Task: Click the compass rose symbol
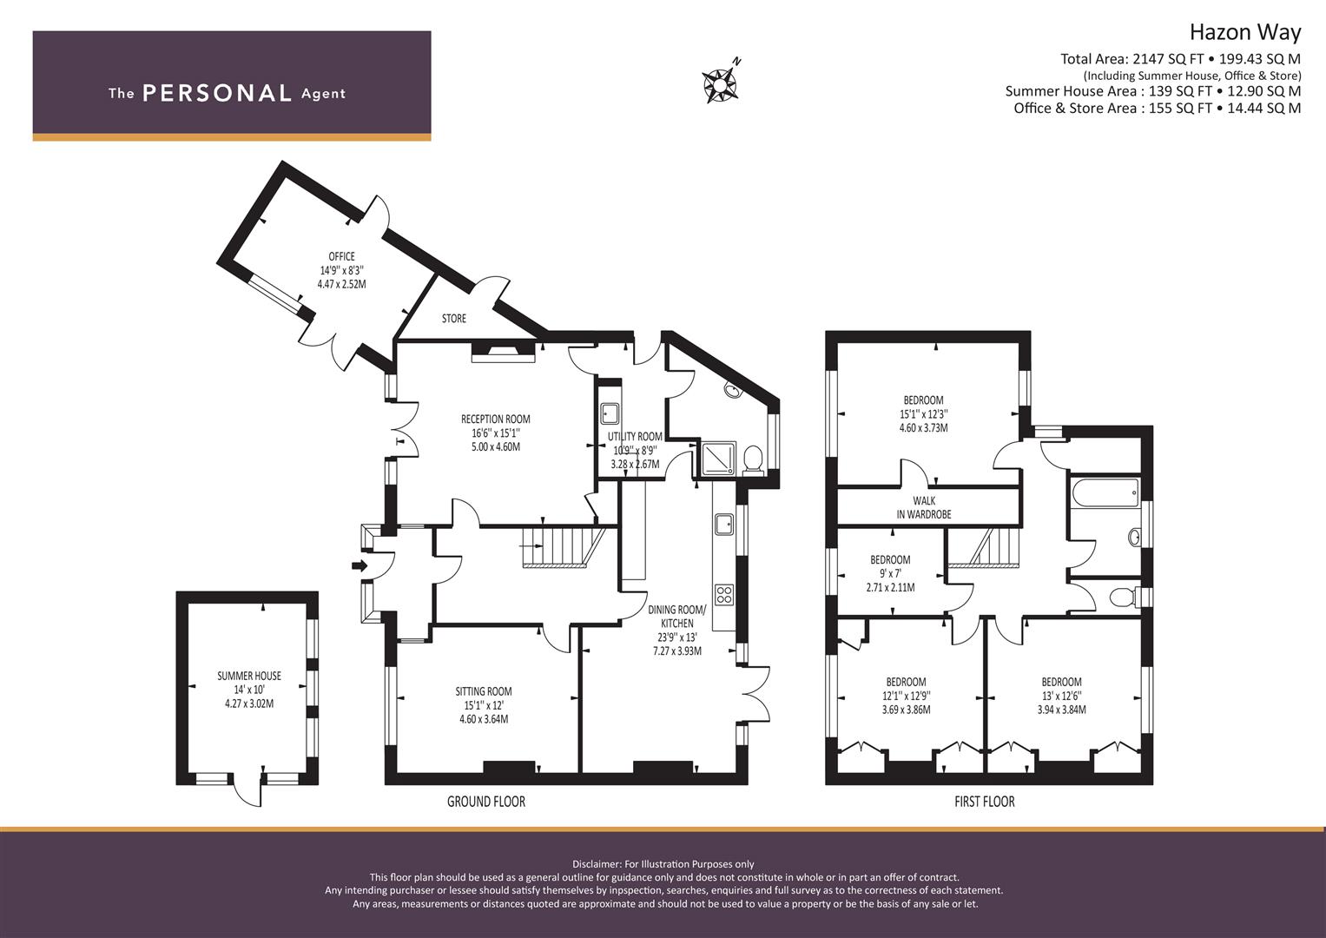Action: [x=720, y=83]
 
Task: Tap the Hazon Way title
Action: [x=1244, y=33]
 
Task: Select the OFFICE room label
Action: [x=341, y=256]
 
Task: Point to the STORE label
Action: [x=453, y=319]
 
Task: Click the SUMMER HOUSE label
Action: [x=249, y=676]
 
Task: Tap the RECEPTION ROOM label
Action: [x=495, y=419]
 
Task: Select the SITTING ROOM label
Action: [x=484, y=691]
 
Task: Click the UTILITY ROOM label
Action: [x=635, y=437]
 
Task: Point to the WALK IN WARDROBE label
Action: [x=924, y=507]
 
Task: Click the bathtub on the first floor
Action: [x=1105, y=493]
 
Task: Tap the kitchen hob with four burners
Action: [x=724, y=596]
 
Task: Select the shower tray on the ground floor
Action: [x=718, y=458]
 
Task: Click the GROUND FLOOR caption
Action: [x=485, y=802]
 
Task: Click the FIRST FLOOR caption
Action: [x=984, y=802]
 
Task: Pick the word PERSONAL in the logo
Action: [x=216, y=94]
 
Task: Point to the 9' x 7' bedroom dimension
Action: [x=890, y=574]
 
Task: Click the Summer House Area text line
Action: [x=1152, y=91]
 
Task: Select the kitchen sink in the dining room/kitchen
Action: [x=723, y=525]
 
